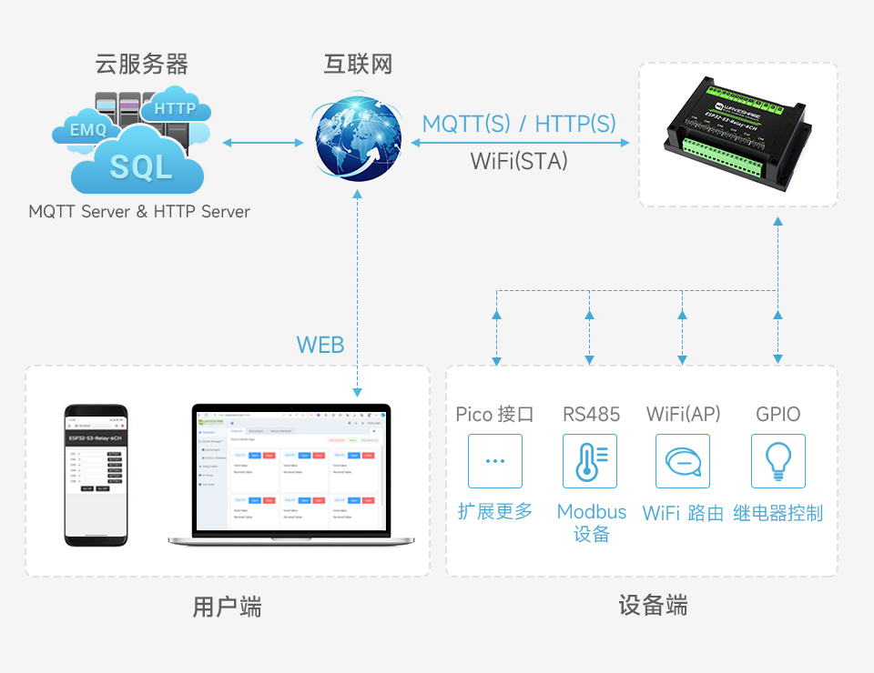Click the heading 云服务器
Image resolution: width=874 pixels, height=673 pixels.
point(142,64)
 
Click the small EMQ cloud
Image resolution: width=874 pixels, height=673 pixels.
point(88,130)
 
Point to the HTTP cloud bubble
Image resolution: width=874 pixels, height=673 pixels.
point(175,108)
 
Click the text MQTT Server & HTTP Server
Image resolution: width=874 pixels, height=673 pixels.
point(139,211)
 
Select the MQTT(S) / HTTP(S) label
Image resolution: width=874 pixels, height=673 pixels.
point(519,124)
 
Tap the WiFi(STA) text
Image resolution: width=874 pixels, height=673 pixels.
point(519,161)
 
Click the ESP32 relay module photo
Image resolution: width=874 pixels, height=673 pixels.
point(737,135)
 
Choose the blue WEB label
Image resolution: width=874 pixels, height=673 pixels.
point(320,345)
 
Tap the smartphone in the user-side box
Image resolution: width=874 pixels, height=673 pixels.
point(96,475)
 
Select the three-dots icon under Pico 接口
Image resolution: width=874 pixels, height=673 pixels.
point(494,461)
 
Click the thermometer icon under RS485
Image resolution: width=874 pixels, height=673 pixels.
point(589,461)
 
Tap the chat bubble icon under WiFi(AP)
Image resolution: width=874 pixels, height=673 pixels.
point(683,461)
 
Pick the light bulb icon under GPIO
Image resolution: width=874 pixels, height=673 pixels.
point(777,461)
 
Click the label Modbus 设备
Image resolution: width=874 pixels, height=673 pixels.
point(592,523)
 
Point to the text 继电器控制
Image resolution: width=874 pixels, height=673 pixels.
point(777,513)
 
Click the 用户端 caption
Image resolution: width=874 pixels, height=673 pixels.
point(227,607)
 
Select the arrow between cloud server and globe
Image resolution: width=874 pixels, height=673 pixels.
point(262,142)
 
